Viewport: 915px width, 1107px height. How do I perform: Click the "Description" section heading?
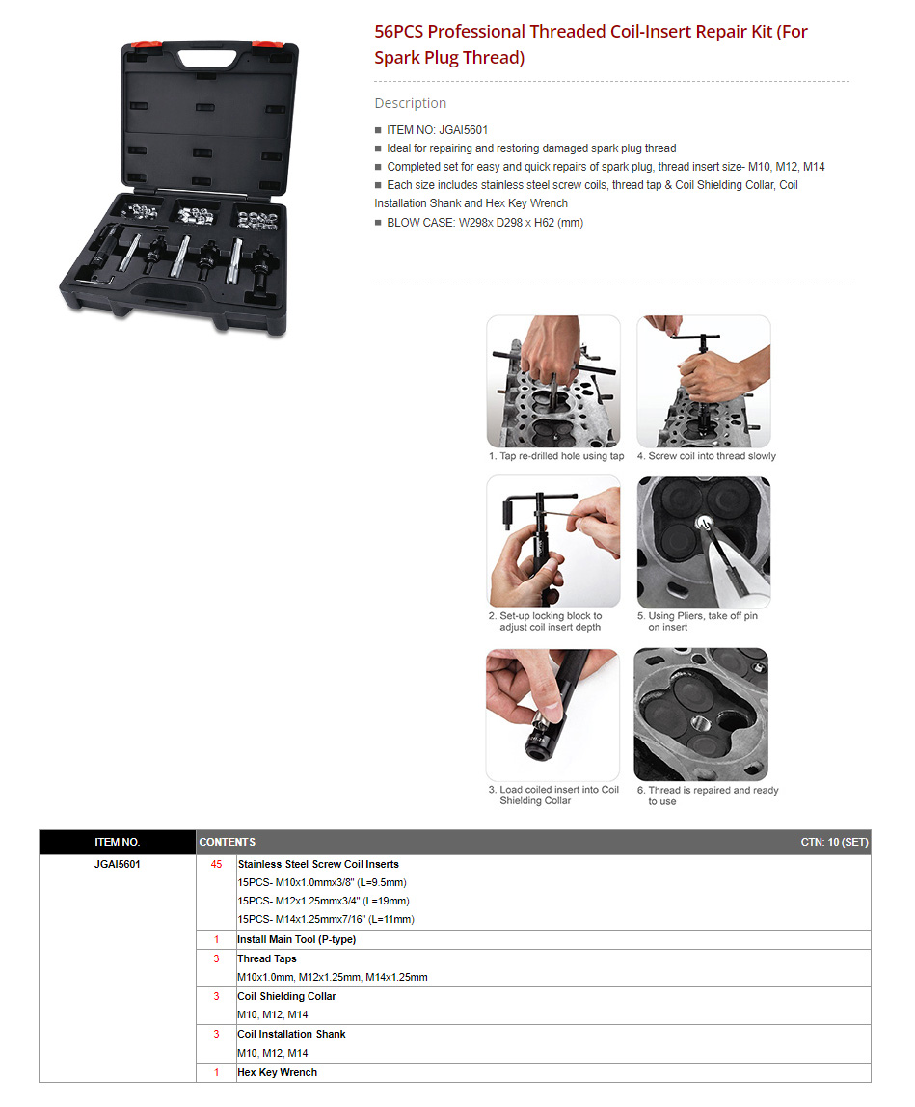click(410, 103)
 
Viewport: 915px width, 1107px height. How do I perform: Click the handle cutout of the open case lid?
click(209, 57)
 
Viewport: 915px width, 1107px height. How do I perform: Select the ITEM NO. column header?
click(118, 842)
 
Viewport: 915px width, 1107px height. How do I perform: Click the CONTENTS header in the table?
click(228, 842)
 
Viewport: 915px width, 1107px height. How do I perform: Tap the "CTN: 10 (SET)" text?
click(835, 842)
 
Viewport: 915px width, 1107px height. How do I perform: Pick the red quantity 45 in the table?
click(216, 864)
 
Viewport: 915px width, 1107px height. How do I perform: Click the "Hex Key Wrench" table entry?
click(278, 1072)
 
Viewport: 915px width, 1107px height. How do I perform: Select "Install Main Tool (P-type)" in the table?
click(297, 939)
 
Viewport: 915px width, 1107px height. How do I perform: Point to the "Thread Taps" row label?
click(267, 958)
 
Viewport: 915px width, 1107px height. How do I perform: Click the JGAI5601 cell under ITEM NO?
click(118, 864)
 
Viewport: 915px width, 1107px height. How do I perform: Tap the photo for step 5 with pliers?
click(703, 542)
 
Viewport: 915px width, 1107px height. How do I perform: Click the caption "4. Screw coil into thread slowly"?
click(706, 456)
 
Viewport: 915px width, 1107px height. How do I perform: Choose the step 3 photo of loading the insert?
click(552, 715)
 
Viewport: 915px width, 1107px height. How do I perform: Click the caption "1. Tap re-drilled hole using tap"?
click(556, 456)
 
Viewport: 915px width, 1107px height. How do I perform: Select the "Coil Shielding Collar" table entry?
click(286, 996)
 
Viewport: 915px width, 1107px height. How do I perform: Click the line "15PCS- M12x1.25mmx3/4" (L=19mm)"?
click(323, 901)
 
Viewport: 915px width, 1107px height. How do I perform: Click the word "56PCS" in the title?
click(399, 32)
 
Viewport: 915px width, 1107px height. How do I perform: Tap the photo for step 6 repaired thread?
click(701, 715)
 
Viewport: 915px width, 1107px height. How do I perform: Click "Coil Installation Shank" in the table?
click(291, 1035)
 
